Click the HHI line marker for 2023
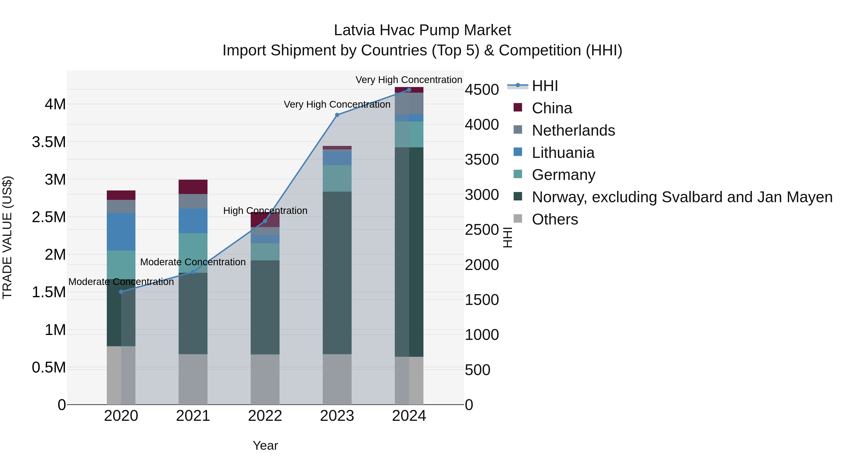[x=337, y=115]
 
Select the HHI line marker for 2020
[x=121, y=292]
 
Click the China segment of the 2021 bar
[x=193, y=187]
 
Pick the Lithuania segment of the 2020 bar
[x=121, y=232]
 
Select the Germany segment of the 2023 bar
[x=337, y=178]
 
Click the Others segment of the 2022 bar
[x=265, y=379]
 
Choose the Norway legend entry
[x=682, y=197]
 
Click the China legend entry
[x=552, y=108]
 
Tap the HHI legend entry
[x=545, y=86]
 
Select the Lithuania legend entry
[x=563, y=153]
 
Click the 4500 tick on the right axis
[x=482, y=90]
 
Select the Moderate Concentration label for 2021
[x=193, y=262]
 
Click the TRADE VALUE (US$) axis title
[x=7, y=237]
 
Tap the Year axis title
[x=265, y=445]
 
